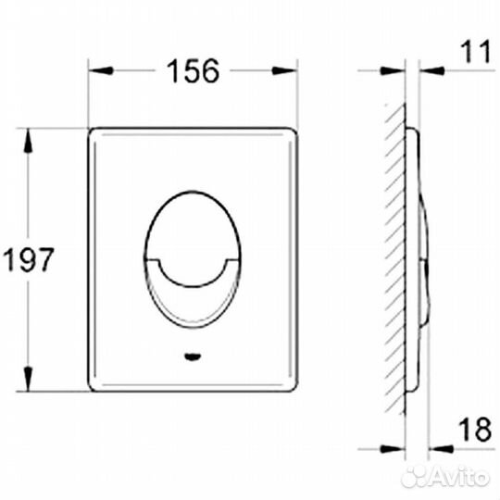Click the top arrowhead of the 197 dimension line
pyautogui.click(x=29, y=136)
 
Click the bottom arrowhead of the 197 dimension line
pyautogui.click(x=29, y=381)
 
